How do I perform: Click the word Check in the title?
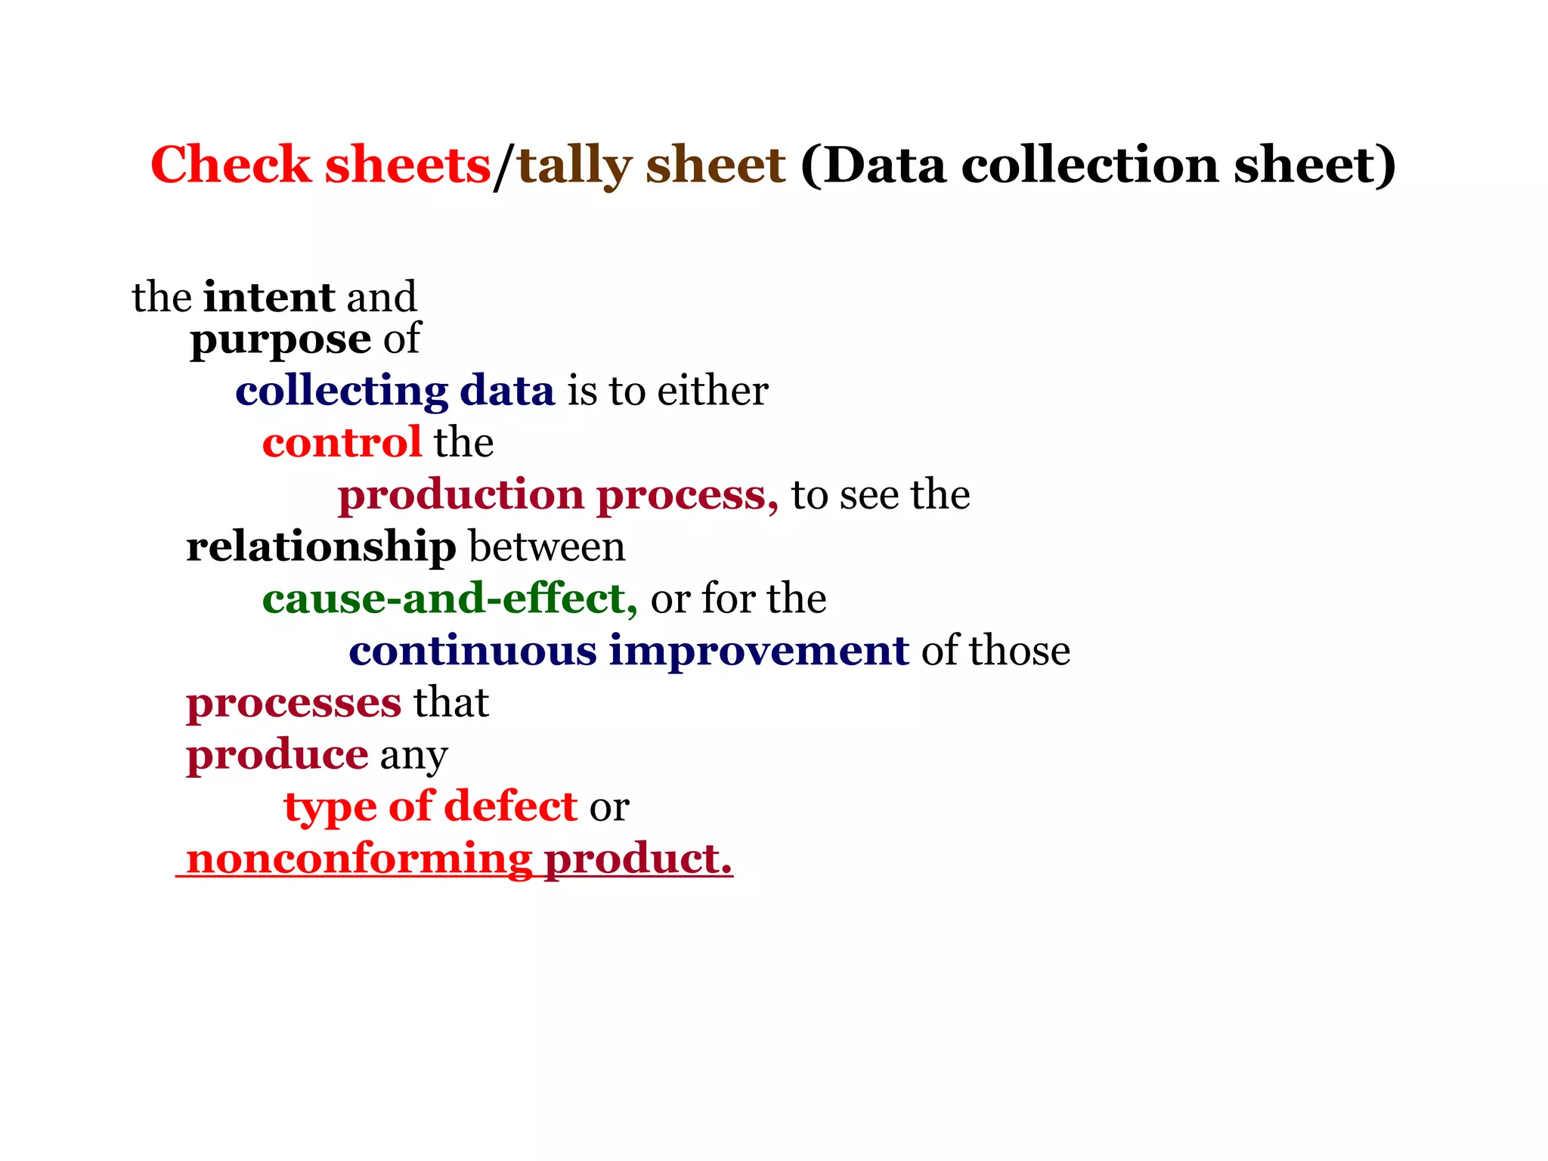click(231, 165)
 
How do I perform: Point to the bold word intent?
click(269, 296)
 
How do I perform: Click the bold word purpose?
click(280, 340)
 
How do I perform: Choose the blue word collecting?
click(342, 392)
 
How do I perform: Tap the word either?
click(713, 391)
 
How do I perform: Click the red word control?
click(342, 442)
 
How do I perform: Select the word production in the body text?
click(461, 496)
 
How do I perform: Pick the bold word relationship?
click(321, 546)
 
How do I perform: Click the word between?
click(547, 546)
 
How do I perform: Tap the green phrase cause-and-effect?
click(450, 599)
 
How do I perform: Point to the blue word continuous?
click(473, 651)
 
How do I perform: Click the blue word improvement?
click(759, 652)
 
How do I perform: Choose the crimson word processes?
click(294, 703)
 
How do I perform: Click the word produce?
click(277, 754)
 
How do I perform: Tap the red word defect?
click(511, 807)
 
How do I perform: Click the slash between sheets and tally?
click(503, 166)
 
